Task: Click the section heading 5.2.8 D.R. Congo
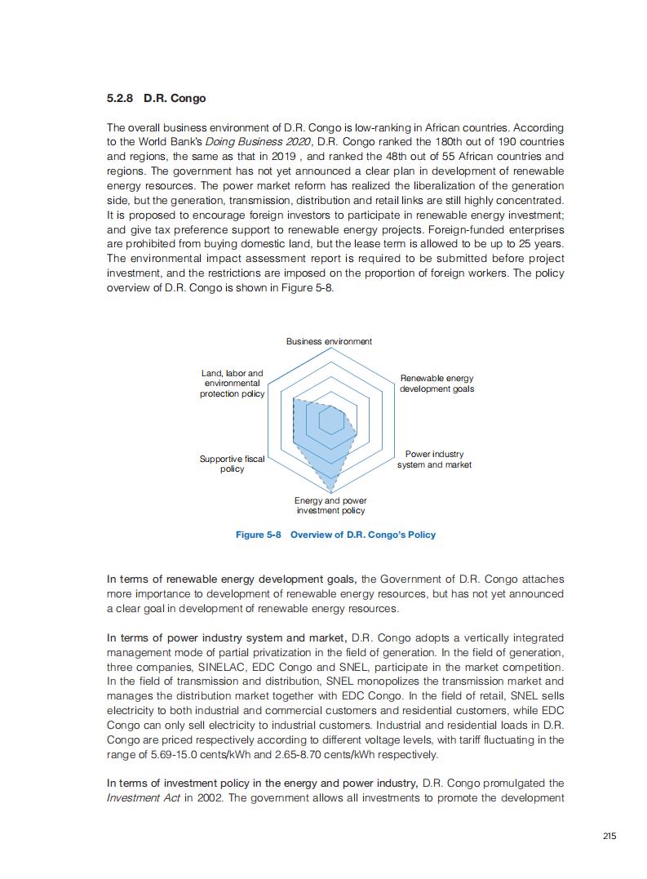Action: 156,99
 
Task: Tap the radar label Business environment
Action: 329,341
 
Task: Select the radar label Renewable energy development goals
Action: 437,384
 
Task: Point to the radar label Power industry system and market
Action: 434,459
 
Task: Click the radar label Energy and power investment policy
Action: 330,505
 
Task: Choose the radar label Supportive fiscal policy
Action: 233,464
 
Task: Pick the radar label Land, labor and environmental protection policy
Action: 233,384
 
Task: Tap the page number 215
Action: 609,836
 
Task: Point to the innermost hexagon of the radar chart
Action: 330,422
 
